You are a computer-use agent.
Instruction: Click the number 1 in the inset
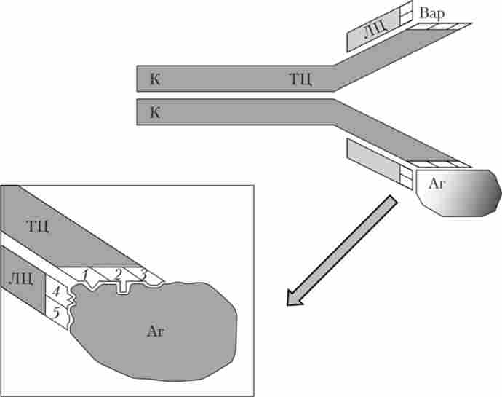pos(86,275)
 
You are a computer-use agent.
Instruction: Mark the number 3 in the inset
pos(143,275)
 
